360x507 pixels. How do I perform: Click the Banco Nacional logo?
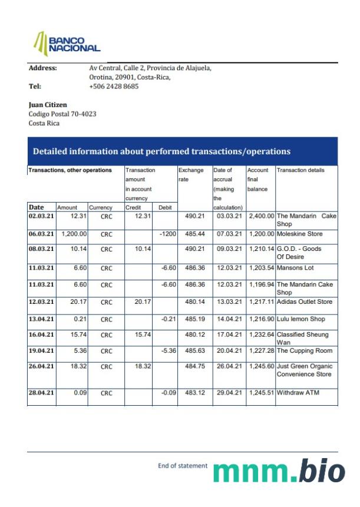pyautogui.click(x=67, y=43)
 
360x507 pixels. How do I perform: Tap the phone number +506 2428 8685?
pyautogui.click(x=114, y=86)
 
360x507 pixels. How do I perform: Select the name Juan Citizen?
pyautogui.click(x=48, y=105)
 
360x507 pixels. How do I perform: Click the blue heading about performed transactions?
pyautogui.click(x=161, y=151)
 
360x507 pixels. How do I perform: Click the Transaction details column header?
pyautogui.click(x=300, y=170)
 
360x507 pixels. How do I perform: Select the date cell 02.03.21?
pyautogui.click(x=41, y=216)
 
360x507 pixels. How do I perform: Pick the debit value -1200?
pyautogui.click(x=169, y=234)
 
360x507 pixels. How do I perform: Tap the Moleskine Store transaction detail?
pyautogui.click(x=299, y=234)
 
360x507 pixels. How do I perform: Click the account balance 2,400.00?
pyautogui.click(x=261, y=216)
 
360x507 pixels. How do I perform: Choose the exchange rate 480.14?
pyautogui.click(x=194, y=302)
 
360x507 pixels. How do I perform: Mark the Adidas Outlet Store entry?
pyautogui.click(x=305, y=302)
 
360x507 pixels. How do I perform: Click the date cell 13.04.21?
pyautogui.click(x=41, y=319)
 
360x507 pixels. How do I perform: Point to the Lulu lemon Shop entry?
pyautogui.click(x=300, y=319)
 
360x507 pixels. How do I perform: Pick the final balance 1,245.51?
pyautogui.click(x=261, y=393)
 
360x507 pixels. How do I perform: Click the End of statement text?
pyautogui.click(x=183, y=466)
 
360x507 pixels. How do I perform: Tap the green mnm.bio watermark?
pyautogui.click(x=279, y=471)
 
